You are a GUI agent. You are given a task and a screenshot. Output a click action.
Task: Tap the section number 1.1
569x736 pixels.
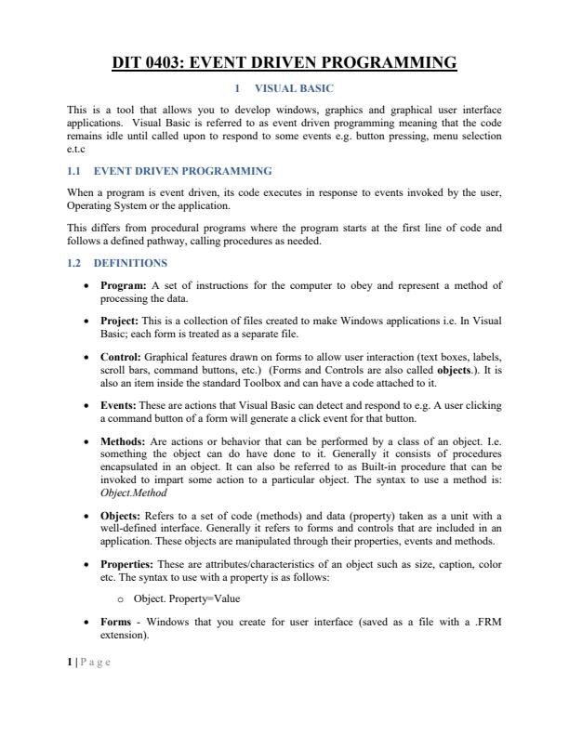pos(76,171)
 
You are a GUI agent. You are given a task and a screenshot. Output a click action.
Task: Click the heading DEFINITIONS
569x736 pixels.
pos(135,263)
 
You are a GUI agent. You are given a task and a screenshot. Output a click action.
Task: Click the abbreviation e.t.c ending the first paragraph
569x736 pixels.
pos(77,148)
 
